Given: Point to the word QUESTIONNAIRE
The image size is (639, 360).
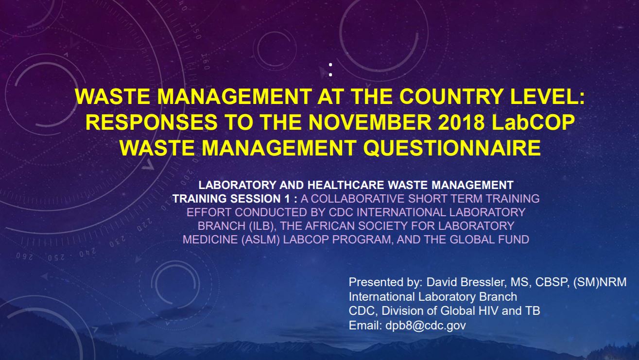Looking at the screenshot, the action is coord(452,148).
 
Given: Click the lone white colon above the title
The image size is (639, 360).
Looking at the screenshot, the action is coord(330,70).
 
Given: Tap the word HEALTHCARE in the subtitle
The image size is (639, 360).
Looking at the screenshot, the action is coord(345,185).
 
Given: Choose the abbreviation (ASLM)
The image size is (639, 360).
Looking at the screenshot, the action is coord(260,240).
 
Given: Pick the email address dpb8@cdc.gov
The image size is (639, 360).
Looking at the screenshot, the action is coord(426,326).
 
